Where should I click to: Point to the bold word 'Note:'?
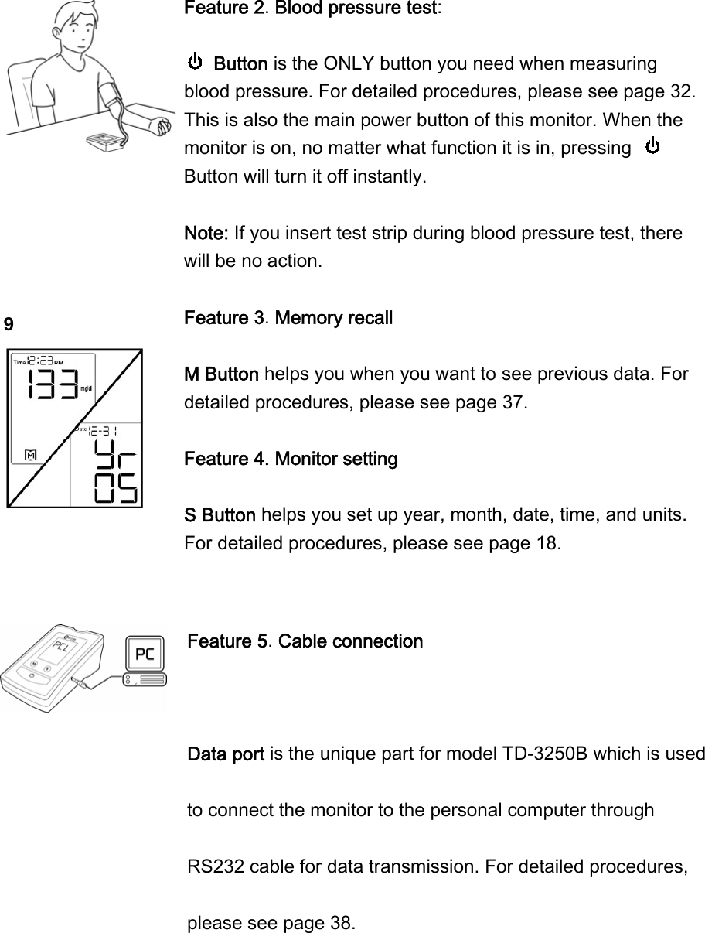pyautogui.click(x=206, y=233)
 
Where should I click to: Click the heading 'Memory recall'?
pyautogui.click(x=334, y=318)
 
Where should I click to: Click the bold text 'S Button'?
pyautogui.click(x=220, y=515)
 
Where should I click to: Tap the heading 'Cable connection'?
pyautogui.click(x=350, y=641)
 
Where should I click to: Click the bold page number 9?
pyautogui.click(x=9, y=324)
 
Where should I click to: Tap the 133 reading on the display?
pyautogui.click(x=52, y=384)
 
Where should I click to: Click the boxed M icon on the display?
pyautogui.click(x=31, y=454)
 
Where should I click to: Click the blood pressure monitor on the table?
pyautogui.click(x=107, y=142)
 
